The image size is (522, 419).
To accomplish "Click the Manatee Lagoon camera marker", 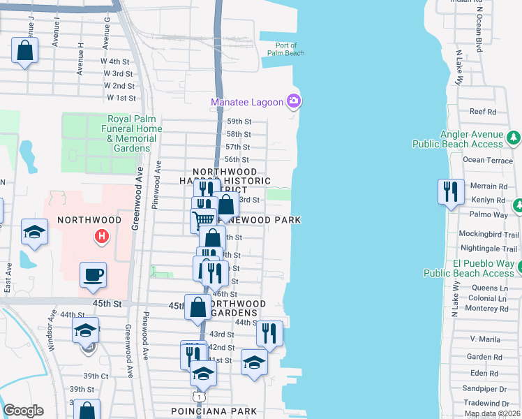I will coord(294,102).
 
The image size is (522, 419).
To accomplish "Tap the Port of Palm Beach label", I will coord(285,49).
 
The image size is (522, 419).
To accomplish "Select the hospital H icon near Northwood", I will coord(103,237).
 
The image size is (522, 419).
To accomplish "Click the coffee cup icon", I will coord(93,274).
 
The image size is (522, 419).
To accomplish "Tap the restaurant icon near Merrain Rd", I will coord(451,191).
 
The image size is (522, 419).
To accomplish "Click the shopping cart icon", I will coord(203,219).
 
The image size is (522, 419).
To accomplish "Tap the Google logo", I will coord(24,411).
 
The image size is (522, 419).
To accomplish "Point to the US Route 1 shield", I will coord(200,397).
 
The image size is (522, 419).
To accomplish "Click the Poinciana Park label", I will coord(214,411).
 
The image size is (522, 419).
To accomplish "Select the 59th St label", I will coord(239,122).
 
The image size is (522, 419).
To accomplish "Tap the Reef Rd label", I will coord(482,111).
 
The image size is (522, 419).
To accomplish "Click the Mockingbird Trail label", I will coord(489,235).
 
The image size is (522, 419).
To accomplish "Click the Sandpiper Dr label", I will coord(489,389).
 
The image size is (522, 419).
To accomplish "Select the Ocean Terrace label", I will coord(488,160).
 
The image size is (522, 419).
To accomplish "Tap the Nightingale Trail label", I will coord(489,248).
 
